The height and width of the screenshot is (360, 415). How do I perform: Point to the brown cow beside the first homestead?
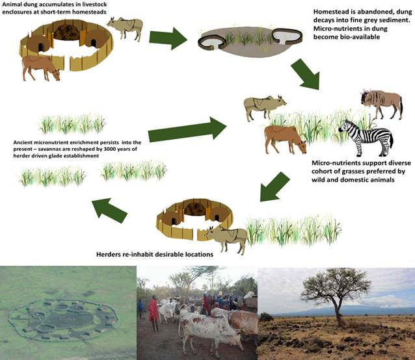(x=40, y=66)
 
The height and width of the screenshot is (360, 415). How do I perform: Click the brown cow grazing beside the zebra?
(x=285, y=138)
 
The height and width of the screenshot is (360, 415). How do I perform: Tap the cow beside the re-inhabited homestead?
(x=226, y=237)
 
